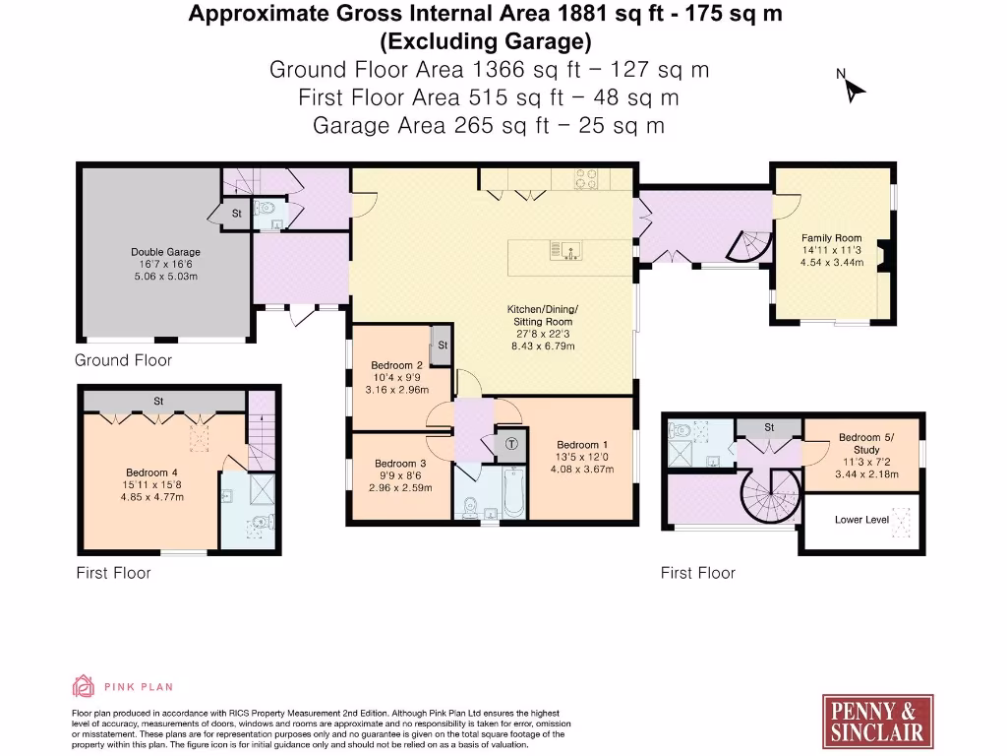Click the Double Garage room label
[164, 252]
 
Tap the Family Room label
[831, 238]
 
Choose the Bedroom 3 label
[400, 464]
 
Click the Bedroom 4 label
[151, 472]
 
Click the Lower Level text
[861, 519]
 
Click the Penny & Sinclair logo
[877, 721]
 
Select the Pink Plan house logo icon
[84, 687]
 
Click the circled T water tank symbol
[510, 444]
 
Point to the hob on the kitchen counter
[586, 179]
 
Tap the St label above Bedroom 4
[157, 401]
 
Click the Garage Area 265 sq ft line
[488, 125]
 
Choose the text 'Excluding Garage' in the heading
[486, 41]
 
